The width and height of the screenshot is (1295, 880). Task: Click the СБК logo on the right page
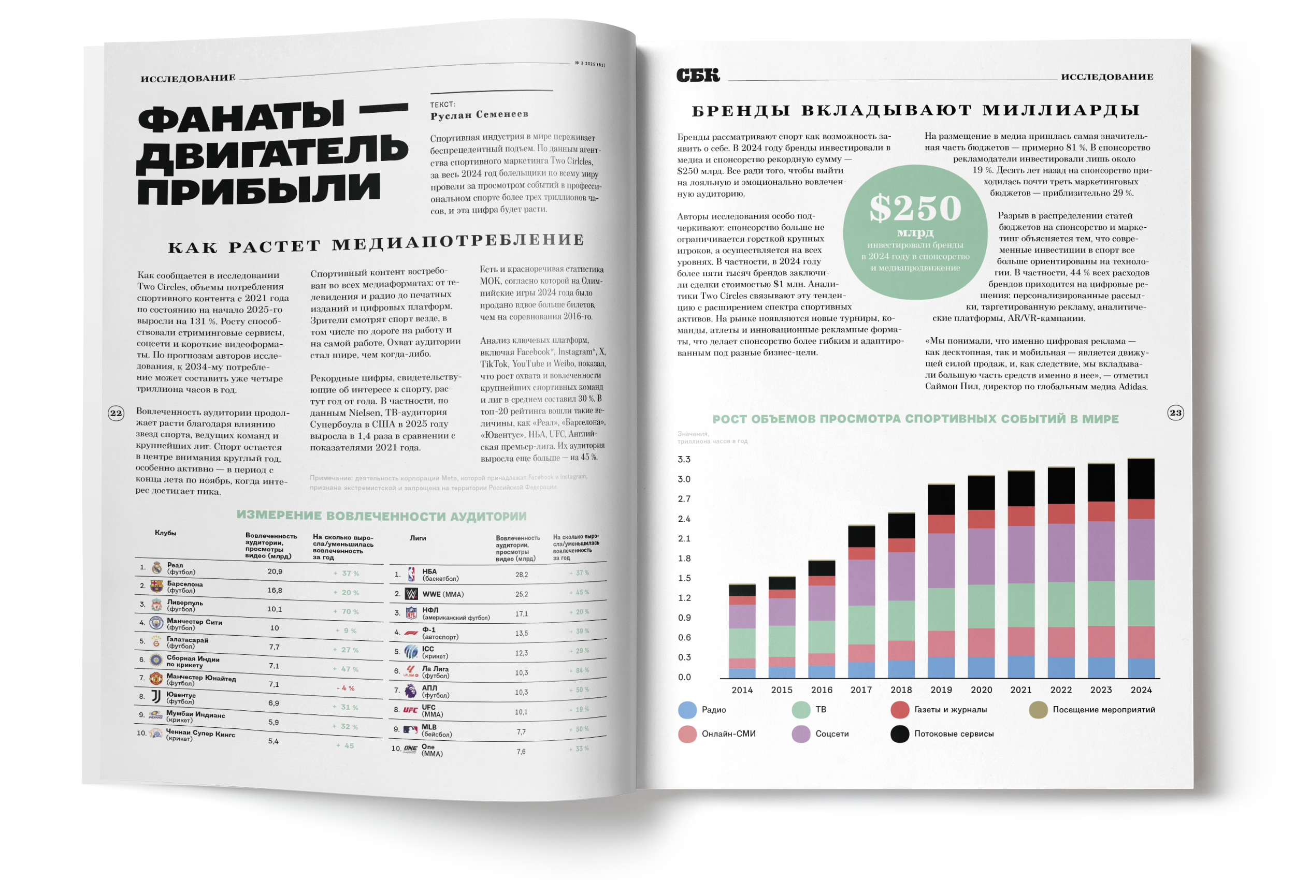coord(698,75)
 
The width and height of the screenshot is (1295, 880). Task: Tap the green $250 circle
coord(915,232)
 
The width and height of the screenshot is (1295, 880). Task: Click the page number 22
coord(116,413)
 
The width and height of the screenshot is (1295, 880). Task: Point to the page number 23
coord(1175,413)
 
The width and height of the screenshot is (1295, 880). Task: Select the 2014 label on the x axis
coord(742,690)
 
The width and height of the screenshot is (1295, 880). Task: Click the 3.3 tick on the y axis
coord(684,460)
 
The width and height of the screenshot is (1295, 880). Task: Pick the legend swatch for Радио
coord(687,710)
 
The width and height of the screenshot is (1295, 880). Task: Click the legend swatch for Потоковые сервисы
coord(899,734)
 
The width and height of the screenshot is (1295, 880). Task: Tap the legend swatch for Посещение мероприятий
coord(1038,710)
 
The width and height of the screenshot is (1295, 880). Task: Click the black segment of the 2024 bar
coord(1141,479)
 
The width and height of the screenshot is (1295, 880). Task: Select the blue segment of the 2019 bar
coord(941,667)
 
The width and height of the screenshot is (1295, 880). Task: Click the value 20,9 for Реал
coord(275,571)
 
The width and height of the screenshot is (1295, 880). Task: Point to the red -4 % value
coord(346,688)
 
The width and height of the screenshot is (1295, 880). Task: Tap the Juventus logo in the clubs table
coord(156,697)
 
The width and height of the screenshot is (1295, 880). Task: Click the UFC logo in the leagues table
coord(411,710)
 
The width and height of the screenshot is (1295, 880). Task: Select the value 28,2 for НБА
coord(522,575)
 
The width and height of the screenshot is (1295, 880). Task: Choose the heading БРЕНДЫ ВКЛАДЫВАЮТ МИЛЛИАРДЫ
coord(915,110)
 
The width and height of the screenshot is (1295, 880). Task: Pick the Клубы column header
coord(165,533)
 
